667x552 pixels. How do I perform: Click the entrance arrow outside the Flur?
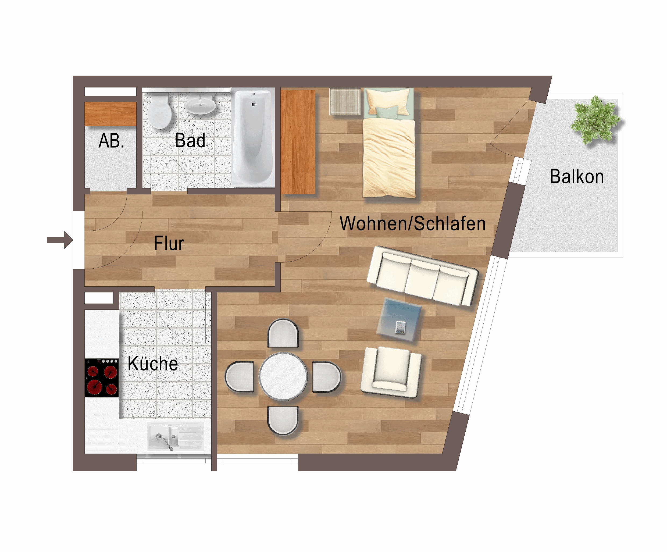pyautogui.click(x=60, y=240)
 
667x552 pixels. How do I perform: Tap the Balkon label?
pyautogui.click(x=577, y=177)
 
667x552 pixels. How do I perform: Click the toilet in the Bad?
pyautogui.click(x=159, y=111)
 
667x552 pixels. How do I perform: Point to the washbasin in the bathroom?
pyautogui.click(x=200, y=104)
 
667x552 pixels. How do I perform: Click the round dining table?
pyautogui.click(x=283, y=377)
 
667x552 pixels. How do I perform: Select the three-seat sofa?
pyautogui.click(x=422, y=276)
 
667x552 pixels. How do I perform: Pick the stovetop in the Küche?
pyautogui.click(x=102, y=378)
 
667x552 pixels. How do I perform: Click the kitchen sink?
pyautogui.click(x=176, y=436)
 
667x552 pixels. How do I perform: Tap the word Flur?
pyautogui.click(x=169, y=243)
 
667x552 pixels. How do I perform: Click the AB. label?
pyautogui.click(x=111, y=141)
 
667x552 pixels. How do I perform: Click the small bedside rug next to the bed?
pyautogui.click(x=345, y=102)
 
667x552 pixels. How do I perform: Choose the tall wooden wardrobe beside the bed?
pyautogui.click(x=298, y=142)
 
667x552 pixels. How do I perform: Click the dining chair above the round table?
pyautogui.click(x=283, y=333)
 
